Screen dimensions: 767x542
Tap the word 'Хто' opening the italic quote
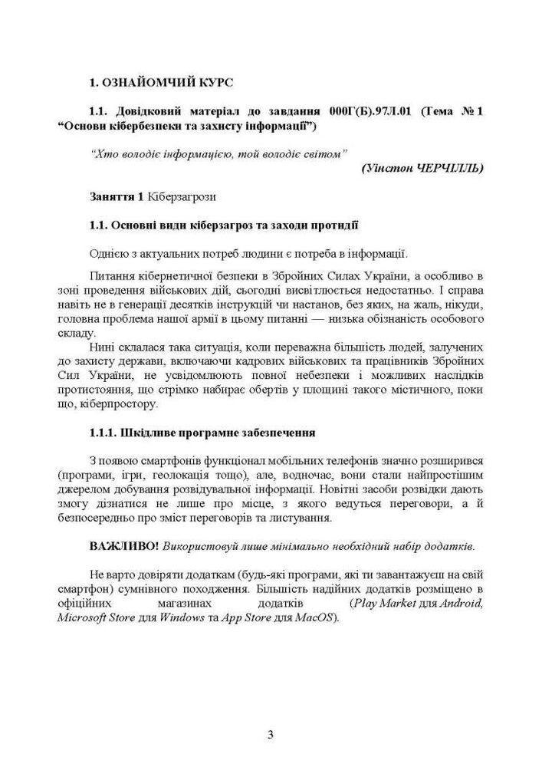(102, 153)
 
